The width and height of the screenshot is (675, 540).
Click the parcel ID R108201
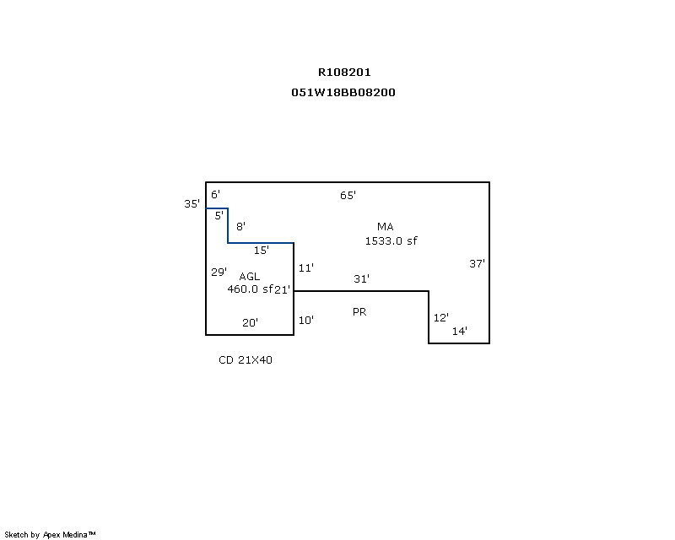point(344,73)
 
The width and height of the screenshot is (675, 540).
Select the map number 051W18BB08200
point(343,93)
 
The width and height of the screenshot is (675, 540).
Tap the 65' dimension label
point(348,196)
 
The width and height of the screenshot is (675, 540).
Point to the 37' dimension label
point(477,263)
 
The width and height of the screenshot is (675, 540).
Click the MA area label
point(386,226)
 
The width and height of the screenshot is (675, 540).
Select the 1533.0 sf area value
point(391,240)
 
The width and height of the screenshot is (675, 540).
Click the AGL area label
point(250,277)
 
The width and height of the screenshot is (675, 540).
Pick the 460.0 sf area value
point(250,289)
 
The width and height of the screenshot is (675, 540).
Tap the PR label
point(359,312)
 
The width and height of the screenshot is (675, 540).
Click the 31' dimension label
point(361,278)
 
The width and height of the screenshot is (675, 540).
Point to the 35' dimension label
point(192,204)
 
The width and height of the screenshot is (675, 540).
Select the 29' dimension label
point(219,272)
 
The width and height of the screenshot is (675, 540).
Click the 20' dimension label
point(250,322)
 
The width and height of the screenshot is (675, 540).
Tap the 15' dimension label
point(261,250)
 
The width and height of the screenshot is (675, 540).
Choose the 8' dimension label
point(240,226)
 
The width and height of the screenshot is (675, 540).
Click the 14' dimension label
point(459,332)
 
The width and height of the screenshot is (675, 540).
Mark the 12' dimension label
point(440,318)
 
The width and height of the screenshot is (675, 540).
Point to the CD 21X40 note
point(246,360)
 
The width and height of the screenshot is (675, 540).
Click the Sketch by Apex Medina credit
point(50,535)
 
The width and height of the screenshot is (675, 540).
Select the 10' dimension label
point(305,321)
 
